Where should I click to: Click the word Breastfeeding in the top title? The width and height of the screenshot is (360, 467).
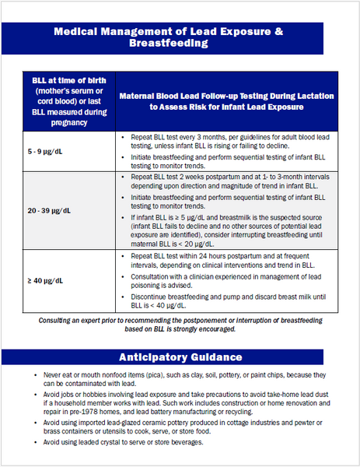(180, 44)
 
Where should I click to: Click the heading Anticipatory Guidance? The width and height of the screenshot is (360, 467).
(180, 357)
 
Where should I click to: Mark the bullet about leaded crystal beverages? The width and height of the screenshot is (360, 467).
(124, 443)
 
